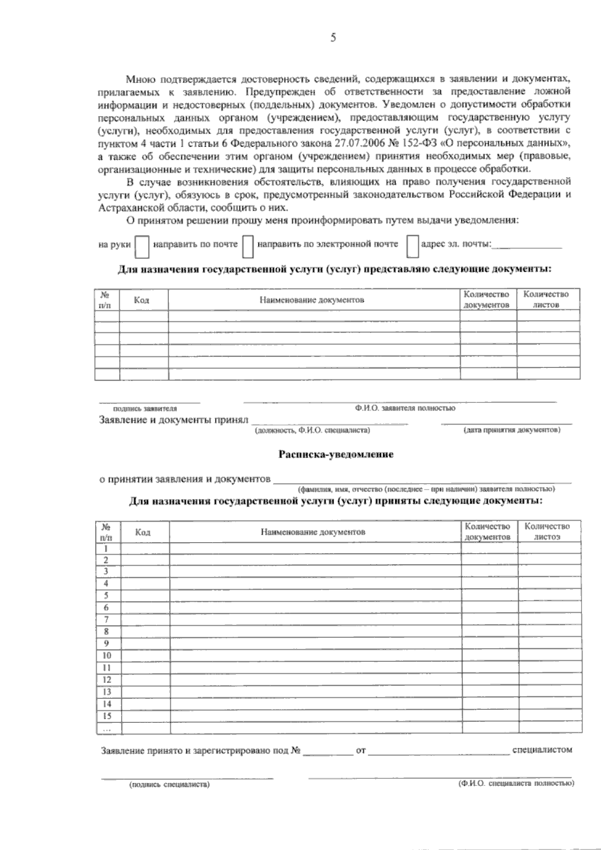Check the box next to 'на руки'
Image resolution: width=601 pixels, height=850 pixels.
pos(143,245)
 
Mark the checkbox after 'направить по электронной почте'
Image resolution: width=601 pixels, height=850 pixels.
pos(412,245)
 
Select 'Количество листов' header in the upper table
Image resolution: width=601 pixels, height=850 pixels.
pos(546,299)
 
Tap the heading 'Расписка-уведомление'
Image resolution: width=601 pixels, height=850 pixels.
pos(336,455)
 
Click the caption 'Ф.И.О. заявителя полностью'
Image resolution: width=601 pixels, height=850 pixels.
pos(406,408)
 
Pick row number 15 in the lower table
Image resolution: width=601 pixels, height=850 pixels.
pos(106,716)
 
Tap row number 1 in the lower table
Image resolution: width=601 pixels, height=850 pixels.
pos(106,548)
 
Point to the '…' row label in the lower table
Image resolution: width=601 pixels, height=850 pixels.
pos(106,729)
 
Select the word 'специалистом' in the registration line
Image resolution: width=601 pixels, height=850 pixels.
pos(542,750)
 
